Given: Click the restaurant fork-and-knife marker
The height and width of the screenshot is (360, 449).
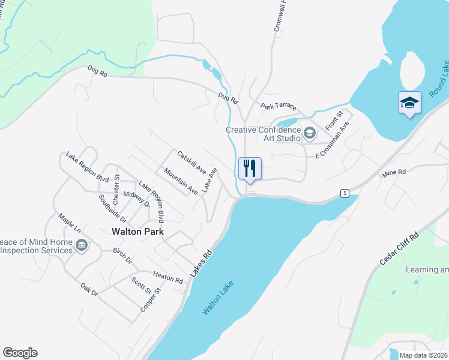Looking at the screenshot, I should pyautogui.click(x=250, y=168).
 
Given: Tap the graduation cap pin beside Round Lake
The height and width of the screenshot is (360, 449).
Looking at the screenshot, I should pyautogui.click(x=409, y=103).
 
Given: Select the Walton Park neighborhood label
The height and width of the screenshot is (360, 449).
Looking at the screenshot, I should pyautogui.click(x=138, y=232).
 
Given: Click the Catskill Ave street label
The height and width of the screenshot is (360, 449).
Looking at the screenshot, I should pyautogui.click(x=191, y=160).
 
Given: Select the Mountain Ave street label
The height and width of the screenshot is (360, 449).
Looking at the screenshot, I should pyautogui.click(x=181, y=181).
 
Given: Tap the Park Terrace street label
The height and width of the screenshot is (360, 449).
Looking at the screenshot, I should pyautogui.click(x=278, y=106).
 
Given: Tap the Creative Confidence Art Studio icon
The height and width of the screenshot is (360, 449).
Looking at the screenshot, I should pyautogui.click(x=310, y=133).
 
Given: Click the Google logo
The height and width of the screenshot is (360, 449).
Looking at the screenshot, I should pyautogui.click(x=20, y=353).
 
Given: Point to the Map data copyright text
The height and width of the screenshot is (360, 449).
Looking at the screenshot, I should pyautogui.click(x=423, y=355).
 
